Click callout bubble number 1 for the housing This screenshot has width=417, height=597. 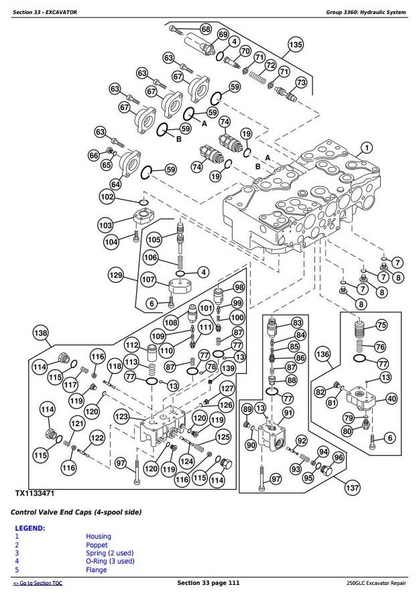tap(367, 147)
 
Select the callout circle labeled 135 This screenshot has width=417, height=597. tap(296, 46)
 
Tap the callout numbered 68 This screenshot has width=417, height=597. tap(205, 29)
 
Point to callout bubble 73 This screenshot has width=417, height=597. tap(301, 82)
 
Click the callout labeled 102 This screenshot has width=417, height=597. tap(107, 197)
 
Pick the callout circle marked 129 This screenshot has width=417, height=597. tap(117, 275)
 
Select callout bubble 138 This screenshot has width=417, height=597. tap(42, 333)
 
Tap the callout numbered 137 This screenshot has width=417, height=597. tap(352, 488)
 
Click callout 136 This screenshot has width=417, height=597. tap(323, 354)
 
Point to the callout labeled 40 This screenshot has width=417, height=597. tap(392, 399)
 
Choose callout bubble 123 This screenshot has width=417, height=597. tap(121, 417)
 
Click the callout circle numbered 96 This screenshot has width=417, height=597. tap(338, 458)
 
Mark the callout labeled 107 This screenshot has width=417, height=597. tap(147, 280)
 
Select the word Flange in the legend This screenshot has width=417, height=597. tap(97, 570)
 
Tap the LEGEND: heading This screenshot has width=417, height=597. tap(30, 528)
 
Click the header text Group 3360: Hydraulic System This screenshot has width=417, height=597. tap(366, 12)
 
